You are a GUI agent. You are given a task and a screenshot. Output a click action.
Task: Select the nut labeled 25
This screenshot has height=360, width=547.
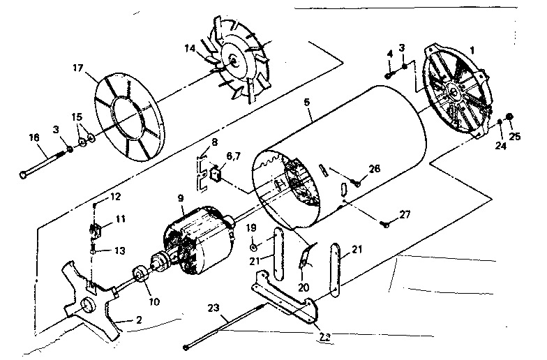coord(511,116)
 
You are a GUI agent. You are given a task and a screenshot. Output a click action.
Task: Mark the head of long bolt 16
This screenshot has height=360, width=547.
coord(26,175)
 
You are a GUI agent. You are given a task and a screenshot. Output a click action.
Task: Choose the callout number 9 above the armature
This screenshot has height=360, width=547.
coord(181,197)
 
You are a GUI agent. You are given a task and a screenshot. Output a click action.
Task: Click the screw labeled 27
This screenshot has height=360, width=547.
coord(384,225)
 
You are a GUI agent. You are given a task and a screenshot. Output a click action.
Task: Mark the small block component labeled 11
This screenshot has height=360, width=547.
coord(98,227)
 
